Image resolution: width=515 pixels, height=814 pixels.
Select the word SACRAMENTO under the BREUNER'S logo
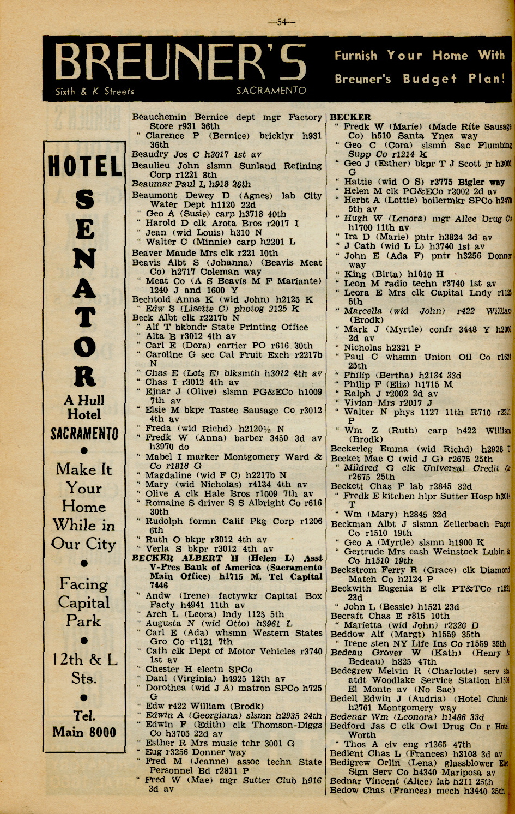tap(271, 91)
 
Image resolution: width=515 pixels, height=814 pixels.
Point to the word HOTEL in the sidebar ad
tap(84, 167)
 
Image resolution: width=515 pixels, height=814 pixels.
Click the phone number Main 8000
tap(84, 732)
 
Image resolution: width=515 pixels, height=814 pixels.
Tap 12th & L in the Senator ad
tap(84, 660)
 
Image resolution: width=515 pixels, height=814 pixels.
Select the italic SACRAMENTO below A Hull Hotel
tap(84, 435)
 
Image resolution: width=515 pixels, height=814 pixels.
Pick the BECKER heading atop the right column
tap(350, 117)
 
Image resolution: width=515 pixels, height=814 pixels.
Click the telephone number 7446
tap(159, 586)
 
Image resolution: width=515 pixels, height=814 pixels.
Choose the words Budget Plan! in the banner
tap(455, 79)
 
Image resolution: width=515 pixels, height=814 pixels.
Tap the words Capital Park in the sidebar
tap(84, 611)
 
